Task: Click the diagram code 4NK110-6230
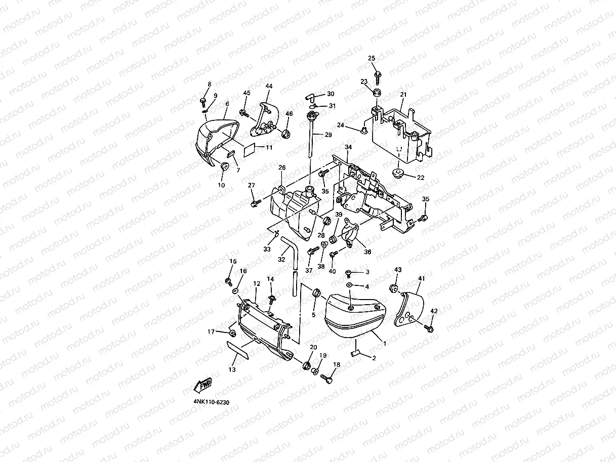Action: [211, 402]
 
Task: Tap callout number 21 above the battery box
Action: [403, 95]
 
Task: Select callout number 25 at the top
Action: [372, 59]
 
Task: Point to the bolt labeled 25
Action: [378, 75]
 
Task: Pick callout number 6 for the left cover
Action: [227, 104]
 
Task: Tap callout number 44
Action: [269, 87]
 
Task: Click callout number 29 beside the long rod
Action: [328, 135]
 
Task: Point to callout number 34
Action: [348, 147]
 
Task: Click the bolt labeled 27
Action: [254, 202]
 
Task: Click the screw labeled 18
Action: [326, 376]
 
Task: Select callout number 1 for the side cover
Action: [385, 343]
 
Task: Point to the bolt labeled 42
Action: [430, 329]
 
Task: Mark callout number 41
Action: [422, 279]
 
